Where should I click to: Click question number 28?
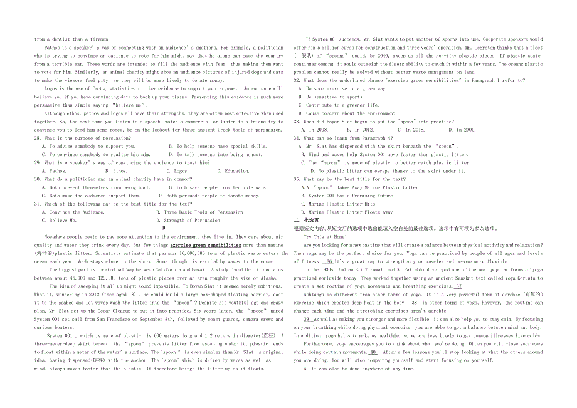pyautogui.click(x=38, y=138)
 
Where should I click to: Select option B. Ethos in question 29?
pyautogui.click(x=116, y=170)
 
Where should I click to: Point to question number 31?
pyautogui.click(x=38, y=204)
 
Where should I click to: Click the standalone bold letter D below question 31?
pyautogui.click(x=163, y=228)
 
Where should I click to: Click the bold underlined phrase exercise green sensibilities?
pyautogui.click(x=206, y=245)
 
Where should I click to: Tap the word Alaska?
pyautogui.click(x=267, y=278)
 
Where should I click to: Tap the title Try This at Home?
pyautogui.click(x=325, y=237)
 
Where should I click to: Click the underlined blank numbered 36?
pyautogui.click(x=329, y=261)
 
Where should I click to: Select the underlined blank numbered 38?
pyautogui.click(x=415, y=302)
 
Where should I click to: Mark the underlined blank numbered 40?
pyautogui.click(x=373, y=352)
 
